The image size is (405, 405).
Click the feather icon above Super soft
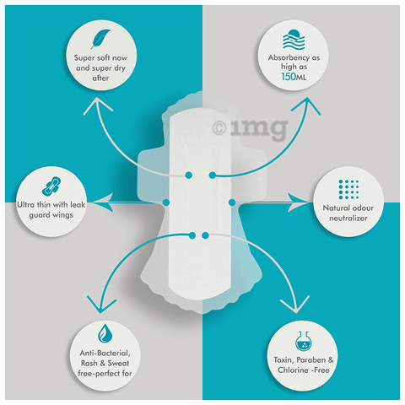tap(100, 39)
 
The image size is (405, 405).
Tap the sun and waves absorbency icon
tap(294, 40)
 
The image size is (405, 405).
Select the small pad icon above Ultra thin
tap(51, 186)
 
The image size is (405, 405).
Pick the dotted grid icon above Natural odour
tap(348, 189)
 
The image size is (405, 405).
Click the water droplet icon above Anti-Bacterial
tap(105, 333)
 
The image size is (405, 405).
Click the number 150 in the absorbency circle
tap(289, 77)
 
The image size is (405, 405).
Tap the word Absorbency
tap(285, 58)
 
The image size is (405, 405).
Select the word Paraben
tap(310, 360)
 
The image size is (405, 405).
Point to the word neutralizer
tap(348, 219)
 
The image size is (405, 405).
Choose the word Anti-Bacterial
tap(105, 354)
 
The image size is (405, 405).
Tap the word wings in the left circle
tap(62, 215)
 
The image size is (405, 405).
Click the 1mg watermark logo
tap(250, 128)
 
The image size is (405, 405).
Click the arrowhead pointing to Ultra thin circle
tap(102, 202)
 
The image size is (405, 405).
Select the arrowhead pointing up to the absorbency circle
tap(307, 105)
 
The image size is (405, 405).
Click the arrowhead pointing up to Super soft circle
tap(97, 105)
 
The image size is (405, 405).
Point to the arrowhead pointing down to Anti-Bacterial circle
tap(100, 305)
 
